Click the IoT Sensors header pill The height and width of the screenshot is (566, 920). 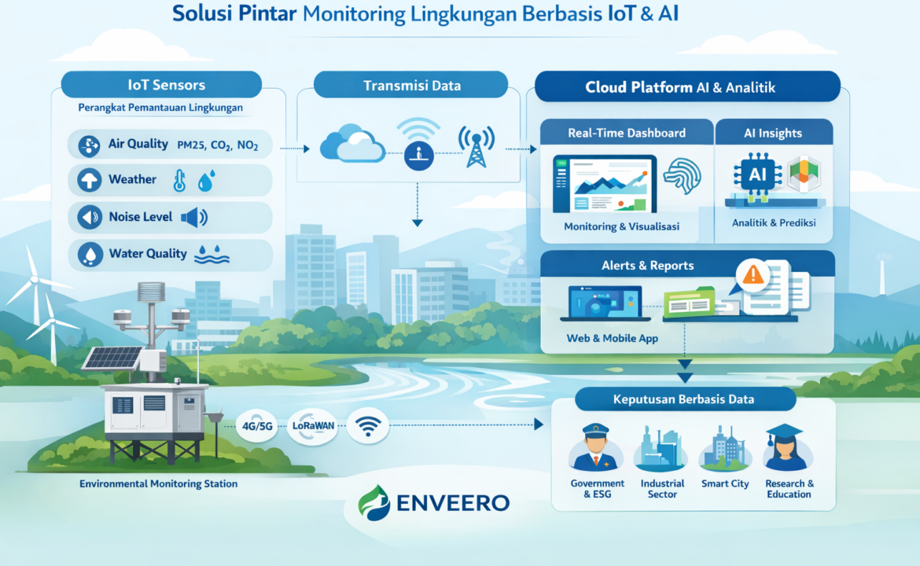[x=161, y=84]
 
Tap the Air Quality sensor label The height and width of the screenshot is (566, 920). [x=138, y=144]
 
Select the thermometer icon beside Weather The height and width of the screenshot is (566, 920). [x=179, y=181]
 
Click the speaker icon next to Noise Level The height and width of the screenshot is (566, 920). [x=194, y=218]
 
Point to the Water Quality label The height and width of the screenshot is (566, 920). [x=148, y=253]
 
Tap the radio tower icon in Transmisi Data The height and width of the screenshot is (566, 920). [x=477, y=147]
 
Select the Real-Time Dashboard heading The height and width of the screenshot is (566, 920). [x=627, y=133]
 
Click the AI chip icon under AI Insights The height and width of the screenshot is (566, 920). [x=757, y=174]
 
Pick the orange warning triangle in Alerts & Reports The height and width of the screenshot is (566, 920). [x=753, y=274]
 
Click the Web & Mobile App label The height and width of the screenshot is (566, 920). [x=612, y=339]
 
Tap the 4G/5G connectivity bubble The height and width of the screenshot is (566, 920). [x=257, y=426]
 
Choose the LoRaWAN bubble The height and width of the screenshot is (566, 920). [x=313, y=426]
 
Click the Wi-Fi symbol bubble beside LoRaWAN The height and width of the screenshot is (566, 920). [x=368, y=426]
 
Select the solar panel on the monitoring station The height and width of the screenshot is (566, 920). [x=112, y=358]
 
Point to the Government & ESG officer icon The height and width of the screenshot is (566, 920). [x=595, y=448]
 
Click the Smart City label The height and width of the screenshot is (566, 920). [x=725, y=484]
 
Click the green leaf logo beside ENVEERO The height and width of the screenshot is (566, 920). [x=374, y=502]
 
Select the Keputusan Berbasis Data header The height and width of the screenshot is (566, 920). [x=685, y=399]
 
